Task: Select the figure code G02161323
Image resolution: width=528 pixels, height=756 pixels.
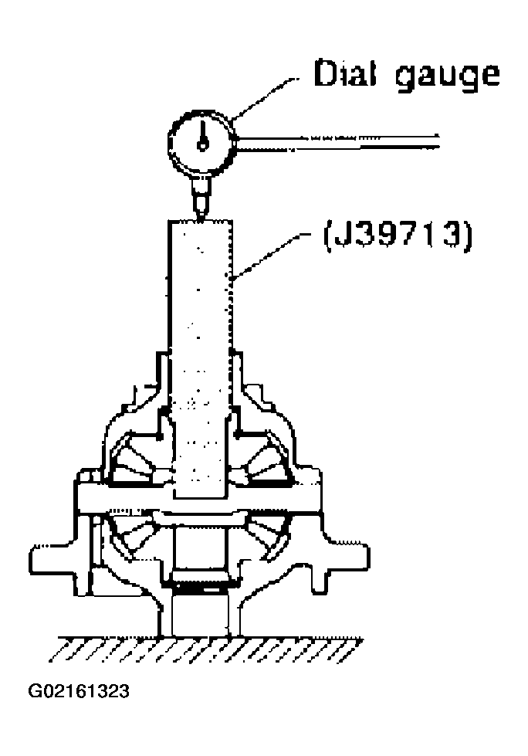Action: [x=79, y=690]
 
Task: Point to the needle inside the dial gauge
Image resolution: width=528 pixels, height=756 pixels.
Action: [x=203, y=133]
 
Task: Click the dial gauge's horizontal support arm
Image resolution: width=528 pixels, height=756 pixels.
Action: [x=340, y=140]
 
